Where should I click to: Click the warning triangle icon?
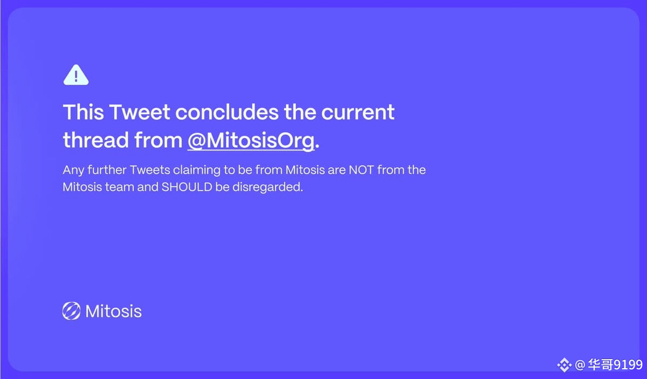point(76,75)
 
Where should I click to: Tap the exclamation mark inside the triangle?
point(76,76)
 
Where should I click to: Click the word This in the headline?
point(83,112)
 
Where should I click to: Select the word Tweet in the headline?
point(140,112)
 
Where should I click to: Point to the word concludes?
point(227,112)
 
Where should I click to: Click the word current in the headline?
point(358,113)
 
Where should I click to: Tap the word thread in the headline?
point(96,140)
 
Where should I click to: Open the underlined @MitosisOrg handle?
point(251,141)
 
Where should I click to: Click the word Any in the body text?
point(73,170)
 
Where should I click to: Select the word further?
point(107,170)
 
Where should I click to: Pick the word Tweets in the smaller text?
point(150,170)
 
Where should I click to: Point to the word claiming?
point(197,170)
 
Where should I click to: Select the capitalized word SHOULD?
point(187,187)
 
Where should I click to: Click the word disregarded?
point(267,187)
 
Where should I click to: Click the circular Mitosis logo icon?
point(71,311)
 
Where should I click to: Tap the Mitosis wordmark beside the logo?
point(114,311)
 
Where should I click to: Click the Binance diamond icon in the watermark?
point(564,365)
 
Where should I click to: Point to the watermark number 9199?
point(628,364)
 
